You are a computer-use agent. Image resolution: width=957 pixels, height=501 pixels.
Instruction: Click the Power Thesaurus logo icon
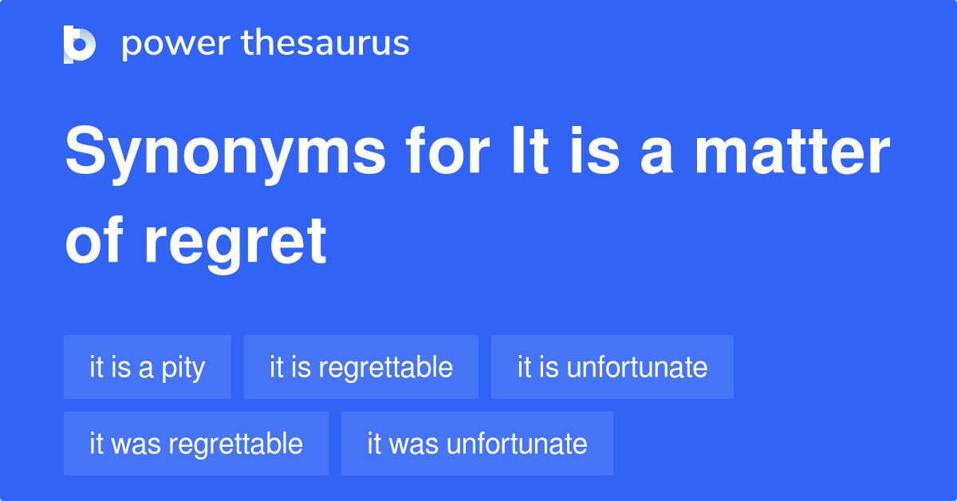(x=80, y=44)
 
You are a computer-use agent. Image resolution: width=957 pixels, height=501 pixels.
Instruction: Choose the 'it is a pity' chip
(x=148, y=367)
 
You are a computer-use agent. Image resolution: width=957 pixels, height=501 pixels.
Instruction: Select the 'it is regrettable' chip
(x=361, y=367)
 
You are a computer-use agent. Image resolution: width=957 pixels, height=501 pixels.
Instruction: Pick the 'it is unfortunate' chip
(x=612, y=367)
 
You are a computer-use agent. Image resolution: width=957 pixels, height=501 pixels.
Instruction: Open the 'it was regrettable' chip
(x=196, y=444)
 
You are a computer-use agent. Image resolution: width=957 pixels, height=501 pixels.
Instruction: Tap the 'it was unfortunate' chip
(x=477, y=444)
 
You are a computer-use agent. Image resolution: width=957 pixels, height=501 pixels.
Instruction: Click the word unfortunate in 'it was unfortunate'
(x=517, y=444)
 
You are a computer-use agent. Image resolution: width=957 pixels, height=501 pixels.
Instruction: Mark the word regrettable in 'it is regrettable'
(x=385, y=367)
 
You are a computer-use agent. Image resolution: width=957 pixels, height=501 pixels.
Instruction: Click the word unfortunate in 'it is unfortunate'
(x=637, y=367)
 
